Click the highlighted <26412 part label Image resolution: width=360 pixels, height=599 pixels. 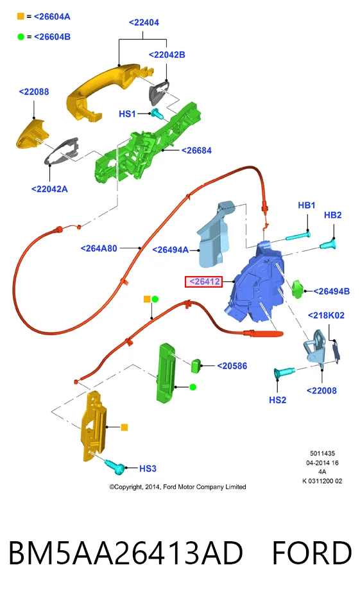pos(203,282)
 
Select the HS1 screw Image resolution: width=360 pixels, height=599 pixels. pos(157,114)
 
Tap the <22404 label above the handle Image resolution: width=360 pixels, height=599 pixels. pos(144,22)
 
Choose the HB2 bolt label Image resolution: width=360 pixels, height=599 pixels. pos(332,215)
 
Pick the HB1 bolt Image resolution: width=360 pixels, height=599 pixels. pos(298,236)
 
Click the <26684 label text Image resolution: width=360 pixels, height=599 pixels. pos(196,150)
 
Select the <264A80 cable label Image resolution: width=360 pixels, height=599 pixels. pos(99,248)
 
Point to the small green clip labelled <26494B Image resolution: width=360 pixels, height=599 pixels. pos(297,289)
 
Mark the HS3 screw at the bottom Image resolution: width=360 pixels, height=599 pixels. pos(114,466)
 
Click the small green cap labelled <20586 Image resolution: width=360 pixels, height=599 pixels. pos(196,365)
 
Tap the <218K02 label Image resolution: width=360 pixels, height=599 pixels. pos(326,315)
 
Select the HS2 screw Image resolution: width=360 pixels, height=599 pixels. pos(284,372)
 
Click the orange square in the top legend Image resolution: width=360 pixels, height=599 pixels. pos(21,17)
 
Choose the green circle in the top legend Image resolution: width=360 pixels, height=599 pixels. pos(21,37)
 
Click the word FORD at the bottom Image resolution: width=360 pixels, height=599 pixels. pos(311,553)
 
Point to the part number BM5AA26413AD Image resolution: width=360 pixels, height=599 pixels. pos(125,553)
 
